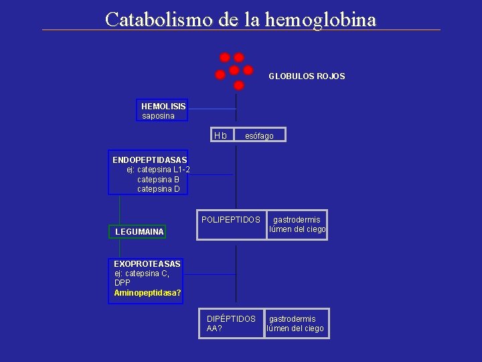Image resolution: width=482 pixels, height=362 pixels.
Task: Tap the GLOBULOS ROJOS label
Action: [x=307, y=76]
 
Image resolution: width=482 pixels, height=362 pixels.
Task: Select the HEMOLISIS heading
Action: [x=163, y=106]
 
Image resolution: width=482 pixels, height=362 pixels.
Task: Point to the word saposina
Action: [x=158, y=116]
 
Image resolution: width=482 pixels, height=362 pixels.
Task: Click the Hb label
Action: [x=220, y=135]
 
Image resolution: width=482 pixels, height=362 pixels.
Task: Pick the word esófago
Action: [x=259, y=136]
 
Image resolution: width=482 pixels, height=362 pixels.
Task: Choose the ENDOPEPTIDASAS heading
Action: [x=149, y=160]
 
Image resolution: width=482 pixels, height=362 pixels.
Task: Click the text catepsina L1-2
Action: [x=158, y=170]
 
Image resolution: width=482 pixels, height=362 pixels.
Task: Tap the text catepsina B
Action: [x=158, y=180]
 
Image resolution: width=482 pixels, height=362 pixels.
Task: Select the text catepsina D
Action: [x=158, y=189]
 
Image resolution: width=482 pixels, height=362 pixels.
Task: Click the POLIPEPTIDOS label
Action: [x=231, y=220]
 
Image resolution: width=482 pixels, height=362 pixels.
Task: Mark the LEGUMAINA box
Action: [x=139, y=232]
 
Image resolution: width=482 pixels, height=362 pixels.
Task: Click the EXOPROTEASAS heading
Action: [x=147, y=264]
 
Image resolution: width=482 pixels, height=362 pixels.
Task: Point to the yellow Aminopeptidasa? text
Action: [x=147, y=293]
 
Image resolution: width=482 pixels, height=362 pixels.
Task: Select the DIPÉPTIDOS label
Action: [x=231, y=318]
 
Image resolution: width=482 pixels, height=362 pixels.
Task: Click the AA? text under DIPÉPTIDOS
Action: [x=215, y=328]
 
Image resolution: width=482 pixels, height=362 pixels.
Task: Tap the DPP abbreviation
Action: [x=123, y=283]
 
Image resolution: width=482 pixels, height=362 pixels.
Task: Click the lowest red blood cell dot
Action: [x=239, y=85]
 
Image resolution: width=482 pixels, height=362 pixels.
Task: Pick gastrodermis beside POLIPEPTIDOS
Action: [x=297, y=220]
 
